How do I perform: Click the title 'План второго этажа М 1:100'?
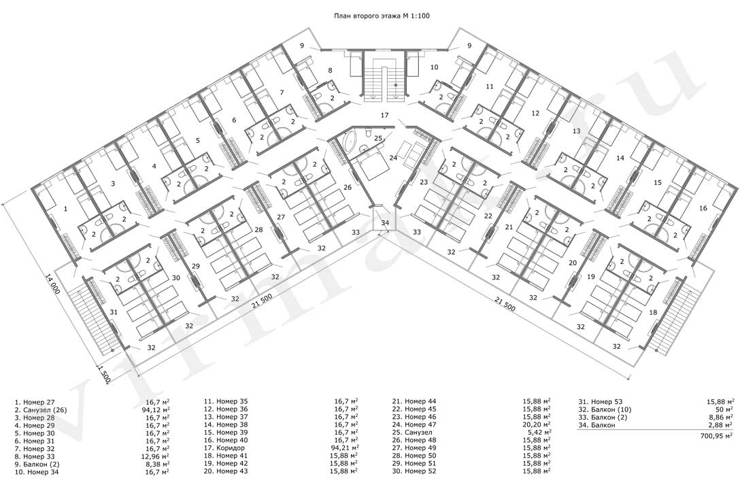click(382, 16)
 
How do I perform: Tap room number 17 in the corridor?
click(385, 115)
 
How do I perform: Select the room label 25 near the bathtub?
click(378, 138)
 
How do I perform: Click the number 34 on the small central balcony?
click(386, 223)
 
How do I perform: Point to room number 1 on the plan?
click(65, 208)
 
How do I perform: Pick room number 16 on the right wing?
click(703, 208)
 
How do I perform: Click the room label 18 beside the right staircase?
click(653, 312)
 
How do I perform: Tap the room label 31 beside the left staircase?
click(114, 312)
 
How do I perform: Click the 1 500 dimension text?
click(105, 373)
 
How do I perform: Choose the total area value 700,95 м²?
click(716, 437)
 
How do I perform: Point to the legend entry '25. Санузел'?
click(412, 433)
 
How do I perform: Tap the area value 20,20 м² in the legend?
click(535, 424)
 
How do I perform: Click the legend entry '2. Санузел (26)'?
click(41, 409)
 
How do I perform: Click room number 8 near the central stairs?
click(330, 70)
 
